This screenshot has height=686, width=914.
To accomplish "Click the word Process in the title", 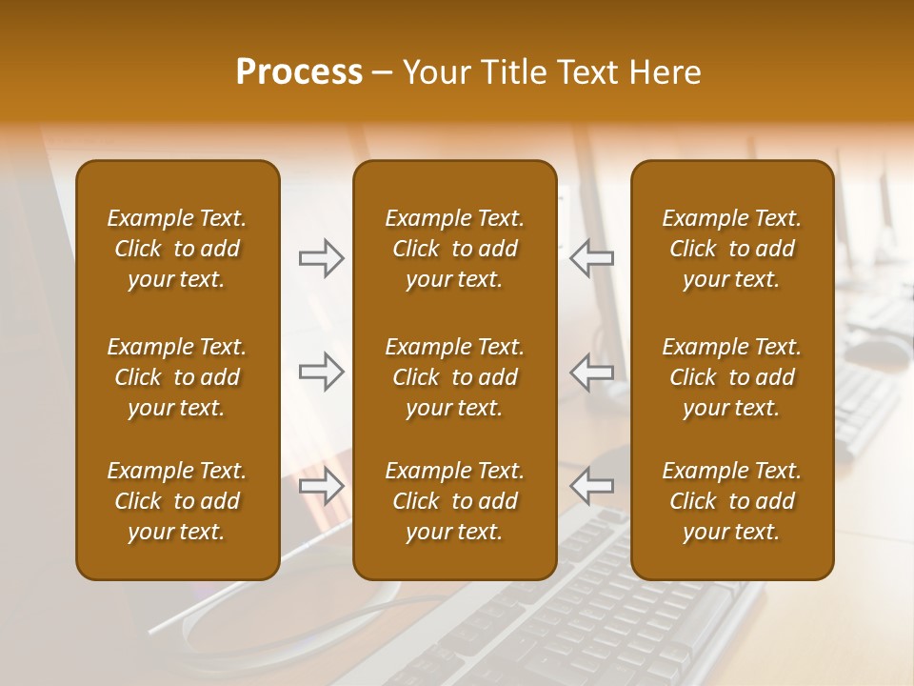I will coord(299,72).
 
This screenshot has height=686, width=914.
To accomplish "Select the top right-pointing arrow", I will coord(322,257).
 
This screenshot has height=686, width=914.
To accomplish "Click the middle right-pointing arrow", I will coord(322,372).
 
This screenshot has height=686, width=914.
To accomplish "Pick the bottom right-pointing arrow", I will coord(322,486).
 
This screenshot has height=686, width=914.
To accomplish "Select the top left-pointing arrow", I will coord(591,257).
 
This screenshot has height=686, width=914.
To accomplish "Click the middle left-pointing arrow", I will coord(591,372).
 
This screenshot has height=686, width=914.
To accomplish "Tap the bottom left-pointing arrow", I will coord(591,486).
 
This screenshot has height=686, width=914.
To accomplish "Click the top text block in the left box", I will coord(177,249).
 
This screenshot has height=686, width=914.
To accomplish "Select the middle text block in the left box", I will coord(177,377).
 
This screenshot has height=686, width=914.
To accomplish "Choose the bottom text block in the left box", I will coord(177,501).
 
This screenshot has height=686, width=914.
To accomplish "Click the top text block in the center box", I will coord(454,249).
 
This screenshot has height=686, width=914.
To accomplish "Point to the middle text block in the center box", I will coord(454,377).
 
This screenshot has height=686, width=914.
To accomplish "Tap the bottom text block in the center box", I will coord(454,501).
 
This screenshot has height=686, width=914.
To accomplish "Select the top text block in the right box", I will coord(731,249).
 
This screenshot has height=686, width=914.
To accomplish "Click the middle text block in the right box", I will coord(731,377).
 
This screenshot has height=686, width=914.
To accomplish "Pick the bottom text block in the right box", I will coord(731,501).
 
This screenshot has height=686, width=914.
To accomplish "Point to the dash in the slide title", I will coord(382,73).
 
